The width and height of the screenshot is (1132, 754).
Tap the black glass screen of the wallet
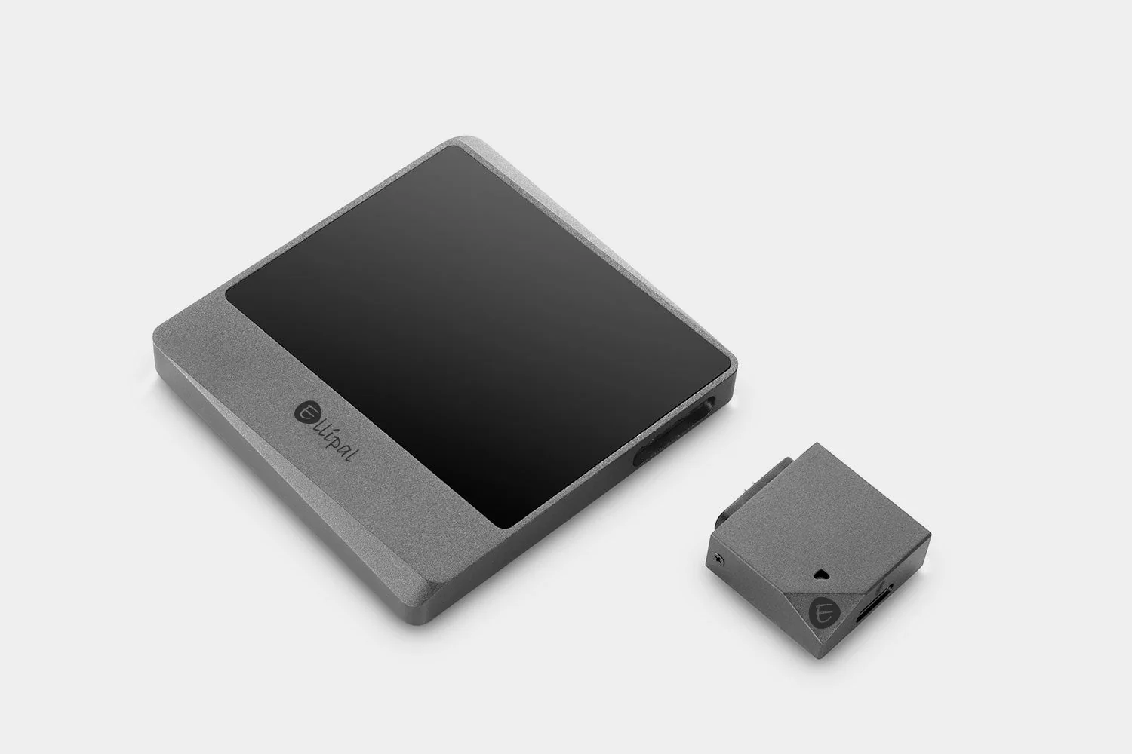[x=475, y=332]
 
